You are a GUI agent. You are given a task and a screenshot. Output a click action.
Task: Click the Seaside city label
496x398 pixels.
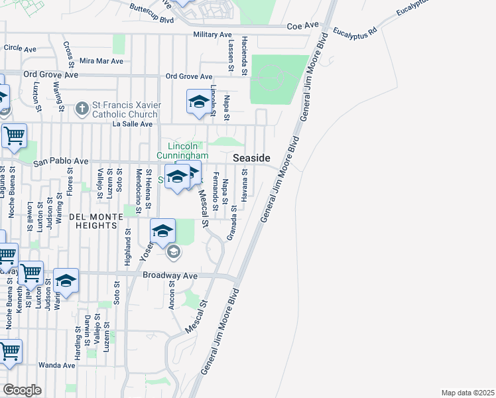coord(251,158)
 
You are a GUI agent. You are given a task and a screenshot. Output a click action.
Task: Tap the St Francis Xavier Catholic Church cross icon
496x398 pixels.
coord(82,107)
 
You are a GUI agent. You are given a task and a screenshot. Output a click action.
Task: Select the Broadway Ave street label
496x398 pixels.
coord(170,275)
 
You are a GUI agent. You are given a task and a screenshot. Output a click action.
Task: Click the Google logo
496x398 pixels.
coord(22,389)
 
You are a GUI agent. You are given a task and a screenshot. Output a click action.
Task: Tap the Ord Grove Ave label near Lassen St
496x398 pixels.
coord(189,76)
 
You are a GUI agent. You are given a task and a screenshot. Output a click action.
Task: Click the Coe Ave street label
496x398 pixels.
coord(303,26)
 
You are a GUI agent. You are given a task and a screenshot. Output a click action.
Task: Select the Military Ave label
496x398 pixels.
coord(212,34)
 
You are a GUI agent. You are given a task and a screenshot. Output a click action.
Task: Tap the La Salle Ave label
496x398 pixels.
coord(133,123)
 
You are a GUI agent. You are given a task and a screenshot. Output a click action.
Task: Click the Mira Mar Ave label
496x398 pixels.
coord(101,60)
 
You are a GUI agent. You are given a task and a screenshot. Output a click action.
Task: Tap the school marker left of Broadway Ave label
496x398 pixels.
coord(66,281)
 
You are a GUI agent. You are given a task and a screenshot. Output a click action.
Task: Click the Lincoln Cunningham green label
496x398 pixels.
coord(182,151)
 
